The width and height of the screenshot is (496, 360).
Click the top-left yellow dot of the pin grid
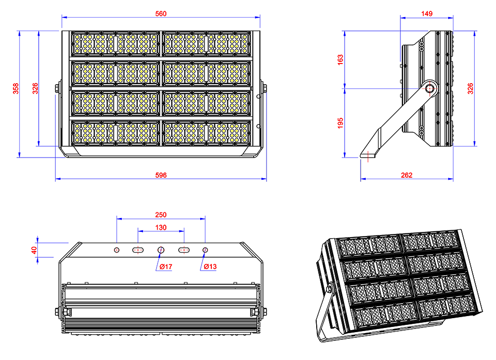(77, 37)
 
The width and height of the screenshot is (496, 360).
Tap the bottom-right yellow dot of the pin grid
(244, 140)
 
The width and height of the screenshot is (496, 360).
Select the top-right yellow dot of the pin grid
(244, 37)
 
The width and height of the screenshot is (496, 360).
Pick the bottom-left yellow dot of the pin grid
(77, 140)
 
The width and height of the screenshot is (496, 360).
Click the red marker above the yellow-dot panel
(161, 13)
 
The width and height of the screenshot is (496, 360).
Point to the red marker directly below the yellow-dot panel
(161, 171)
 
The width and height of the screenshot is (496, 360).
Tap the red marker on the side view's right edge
(467, 88)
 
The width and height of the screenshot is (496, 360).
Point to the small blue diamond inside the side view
(413, 88)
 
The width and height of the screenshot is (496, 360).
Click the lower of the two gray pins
(396, 96)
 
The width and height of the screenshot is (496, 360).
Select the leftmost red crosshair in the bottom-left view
(117, 250)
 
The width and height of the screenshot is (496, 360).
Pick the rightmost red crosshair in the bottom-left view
(205, 250)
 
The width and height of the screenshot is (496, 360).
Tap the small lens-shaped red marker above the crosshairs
(161, 226)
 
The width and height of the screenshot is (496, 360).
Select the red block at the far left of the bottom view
(25, 250)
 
